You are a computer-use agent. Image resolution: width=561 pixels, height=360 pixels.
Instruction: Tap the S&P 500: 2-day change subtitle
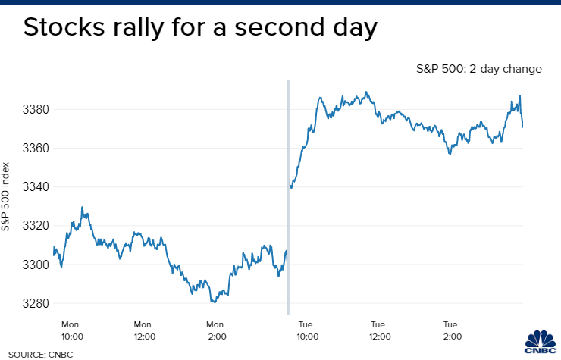coord(478,69)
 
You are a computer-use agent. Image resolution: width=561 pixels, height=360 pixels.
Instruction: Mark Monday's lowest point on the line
coord(213,301)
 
